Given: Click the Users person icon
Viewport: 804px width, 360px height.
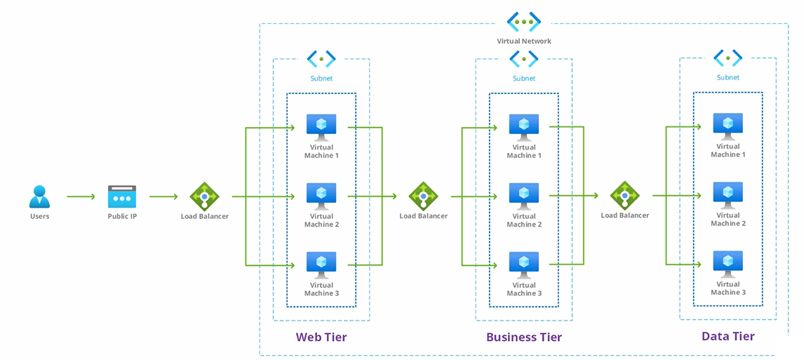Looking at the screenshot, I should coord(39,196).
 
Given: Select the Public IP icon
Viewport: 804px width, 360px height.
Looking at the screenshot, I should coord(122,196).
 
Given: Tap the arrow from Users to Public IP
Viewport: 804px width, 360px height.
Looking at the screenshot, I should coord(81,196).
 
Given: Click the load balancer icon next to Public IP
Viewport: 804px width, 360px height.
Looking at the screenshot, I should coord(205,196).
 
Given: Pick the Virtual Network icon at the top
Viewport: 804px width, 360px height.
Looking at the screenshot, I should coord(524,21).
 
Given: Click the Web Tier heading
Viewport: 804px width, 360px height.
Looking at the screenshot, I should coord(321,338).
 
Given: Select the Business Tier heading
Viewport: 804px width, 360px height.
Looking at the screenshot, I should coord(524,338).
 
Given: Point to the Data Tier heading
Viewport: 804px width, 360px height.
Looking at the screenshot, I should coord(728,336).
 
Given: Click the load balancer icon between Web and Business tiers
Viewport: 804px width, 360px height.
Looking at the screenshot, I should coord(423,196).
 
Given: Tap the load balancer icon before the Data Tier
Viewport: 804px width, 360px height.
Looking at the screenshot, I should coord(624,195).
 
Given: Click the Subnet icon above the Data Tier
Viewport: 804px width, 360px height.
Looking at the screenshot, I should coord(728,58).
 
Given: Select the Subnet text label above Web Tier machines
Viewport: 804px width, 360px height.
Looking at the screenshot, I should coord(321,79).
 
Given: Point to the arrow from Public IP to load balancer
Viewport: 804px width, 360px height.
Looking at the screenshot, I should coord(163,196).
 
